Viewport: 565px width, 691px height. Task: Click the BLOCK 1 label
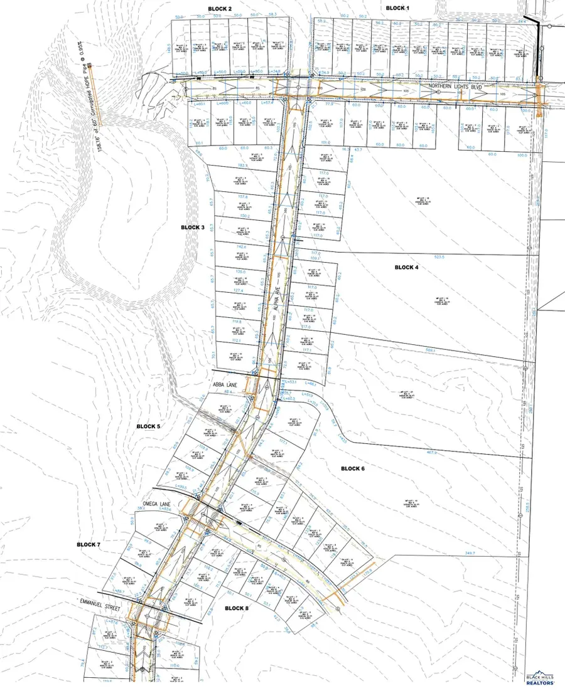[397, 8]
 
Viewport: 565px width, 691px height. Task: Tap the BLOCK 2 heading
[220, 8]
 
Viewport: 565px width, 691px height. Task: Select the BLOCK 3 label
[193, 227]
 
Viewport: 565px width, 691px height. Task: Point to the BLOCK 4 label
[411, 267]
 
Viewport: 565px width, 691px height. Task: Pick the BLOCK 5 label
[149, 426]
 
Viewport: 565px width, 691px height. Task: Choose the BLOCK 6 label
[357, 468]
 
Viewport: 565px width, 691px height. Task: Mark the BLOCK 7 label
[89, 545]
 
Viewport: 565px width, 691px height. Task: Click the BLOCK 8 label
[237, 608]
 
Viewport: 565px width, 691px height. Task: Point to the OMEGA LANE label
[154, 502]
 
